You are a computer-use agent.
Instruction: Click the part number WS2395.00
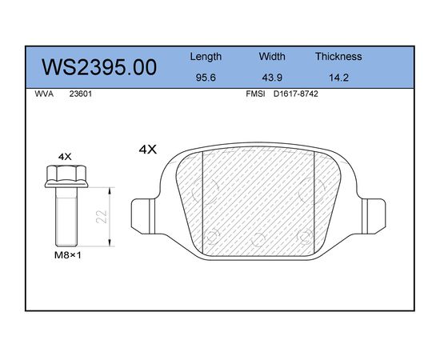(x=99, y=67)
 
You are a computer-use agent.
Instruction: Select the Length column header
(x=206, y=57)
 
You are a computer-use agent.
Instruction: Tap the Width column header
(x=272, y=56)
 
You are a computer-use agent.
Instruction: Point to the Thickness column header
(x=338, y=56)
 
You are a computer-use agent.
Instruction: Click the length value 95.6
(x=206, y=78)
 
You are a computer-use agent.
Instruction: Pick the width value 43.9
(x=272, y=78)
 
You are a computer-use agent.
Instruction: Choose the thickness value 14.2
(x=338, y=78)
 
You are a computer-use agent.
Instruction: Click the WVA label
(x=44, y=94)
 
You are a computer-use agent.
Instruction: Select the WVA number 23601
(x=81, y=94)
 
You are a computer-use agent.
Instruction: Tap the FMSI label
(x=255, y=94)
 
